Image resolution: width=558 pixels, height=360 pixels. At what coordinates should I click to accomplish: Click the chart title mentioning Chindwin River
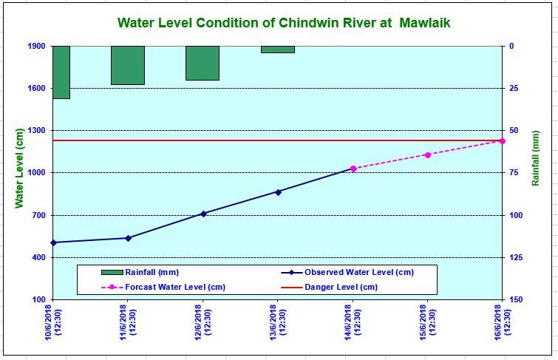(284, 23)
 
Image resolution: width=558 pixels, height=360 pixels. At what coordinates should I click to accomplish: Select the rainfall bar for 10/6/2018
(61, 72)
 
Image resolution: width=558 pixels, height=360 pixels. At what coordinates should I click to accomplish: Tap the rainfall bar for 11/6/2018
(128, 65)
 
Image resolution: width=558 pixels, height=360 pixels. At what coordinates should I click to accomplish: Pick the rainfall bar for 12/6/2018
(202, 63)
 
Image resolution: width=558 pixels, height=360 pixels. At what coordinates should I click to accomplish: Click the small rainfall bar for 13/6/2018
(277, 50)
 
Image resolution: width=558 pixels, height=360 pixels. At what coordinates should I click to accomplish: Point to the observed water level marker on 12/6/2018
(203, 214)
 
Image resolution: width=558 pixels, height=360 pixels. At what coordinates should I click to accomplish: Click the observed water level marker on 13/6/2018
(278, 192)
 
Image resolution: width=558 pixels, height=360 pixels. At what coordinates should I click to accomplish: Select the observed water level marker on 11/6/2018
(128, 238)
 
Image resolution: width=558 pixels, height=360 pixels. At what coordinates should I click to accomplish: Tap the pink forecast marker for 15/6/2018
(427, 155)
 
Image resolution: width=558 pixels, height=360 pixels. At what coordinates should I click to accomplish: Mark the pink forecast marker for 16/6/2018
(503, 140)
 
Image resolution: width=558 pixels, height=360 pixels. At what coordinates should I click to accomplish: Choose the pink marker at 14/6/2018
(353, 169)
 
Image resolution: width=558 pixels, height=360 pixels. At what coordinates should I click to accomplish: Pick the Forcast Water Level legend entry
(175, 288)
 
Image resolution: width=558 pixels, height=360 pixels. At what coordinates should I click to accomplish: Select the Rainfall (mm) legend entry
(152, 272)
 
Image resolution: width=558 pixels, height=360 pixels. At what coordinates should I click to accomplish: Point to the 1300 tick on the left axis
(36, 131)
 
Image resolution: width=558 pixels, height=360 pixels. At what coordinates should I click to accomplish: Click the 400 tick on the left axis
(38, 257)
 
